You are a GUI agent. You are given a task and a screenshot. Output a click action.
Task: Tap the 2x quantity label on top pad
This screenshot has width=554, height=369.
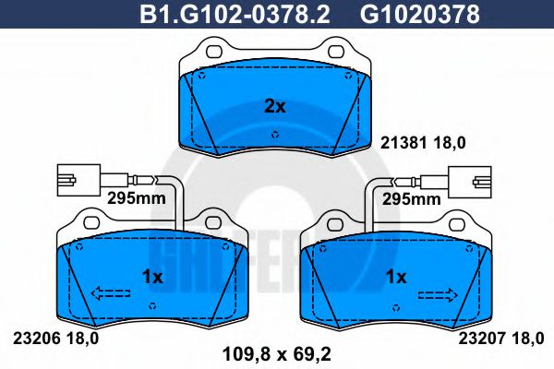point(275,106)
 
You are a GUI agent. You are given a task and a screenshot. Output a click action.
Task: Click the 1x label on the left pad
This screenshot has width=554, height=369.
point(152,277)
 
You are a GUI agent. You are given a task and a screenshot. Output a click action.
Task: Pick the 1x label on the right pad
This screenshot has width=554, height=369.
point(396,277)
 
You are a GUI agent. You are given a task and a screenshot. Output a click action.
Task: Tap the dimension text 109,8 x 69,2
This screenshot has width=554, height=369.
point(275,351)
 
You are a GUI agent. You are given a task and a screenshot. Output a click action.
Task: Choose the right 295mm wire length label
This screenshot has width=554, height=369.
point(412,197)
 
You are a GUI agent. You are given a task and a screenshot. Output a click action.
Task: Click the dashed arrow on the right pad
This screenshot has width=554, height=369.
point(439,294)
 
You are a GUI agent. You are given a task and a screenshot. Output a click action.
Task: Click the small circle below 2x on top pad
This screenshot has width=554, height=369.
point(275,134)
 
